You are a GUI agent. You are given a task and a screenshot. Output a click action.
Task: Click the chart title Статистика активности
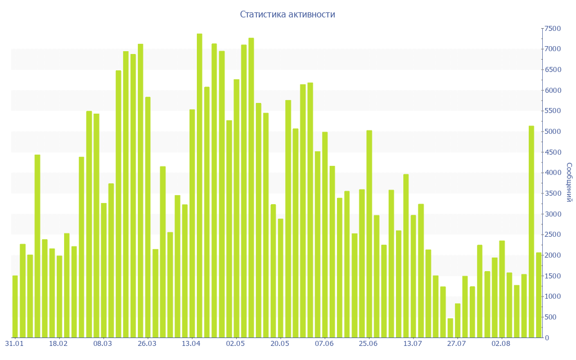(287, 14)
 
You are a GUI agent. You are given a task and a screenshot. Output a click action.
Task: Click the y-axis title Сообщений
(569, 182)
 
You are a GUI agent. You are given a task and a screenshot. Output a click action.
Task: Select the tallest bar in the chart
(200, 186)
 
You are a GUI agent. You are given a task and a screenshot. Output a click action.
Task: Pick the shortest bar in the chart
(450, 328)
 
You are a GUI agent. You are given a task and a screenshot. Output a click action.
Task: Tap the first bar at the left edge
(15, 307)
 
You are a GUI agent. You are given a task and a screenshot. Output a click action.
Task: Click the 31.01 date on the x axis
(14, 344)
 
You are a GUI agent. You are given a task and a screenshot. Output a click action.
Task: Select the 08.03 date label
(102, 344)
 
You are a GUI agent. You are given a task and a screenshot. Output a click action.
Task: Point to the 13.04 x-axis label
(191, 344)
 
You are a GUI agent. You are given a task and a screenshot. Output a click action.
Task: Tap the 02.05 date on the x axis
(235, 344)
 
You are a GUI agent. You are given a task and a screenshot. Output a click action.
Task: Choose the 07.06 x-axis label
(324, 344)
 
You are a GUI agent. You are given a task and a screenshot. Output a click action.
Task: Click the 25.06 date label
(368, 344)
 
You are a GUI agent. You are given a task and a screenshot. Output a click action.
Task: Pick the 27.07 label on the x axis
(456, 344)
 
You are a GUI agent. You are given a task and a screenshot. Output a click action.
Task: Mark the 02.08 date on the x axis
(501, 344)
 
